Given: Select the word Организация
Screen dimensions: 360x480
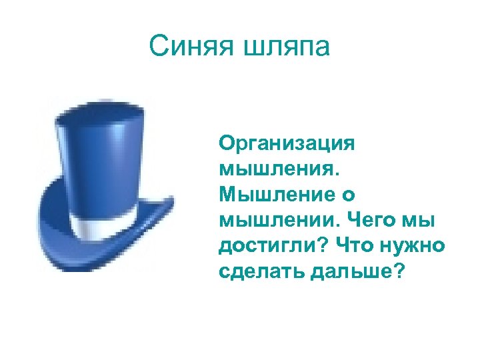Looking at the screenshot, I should [x=287, y=145].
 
